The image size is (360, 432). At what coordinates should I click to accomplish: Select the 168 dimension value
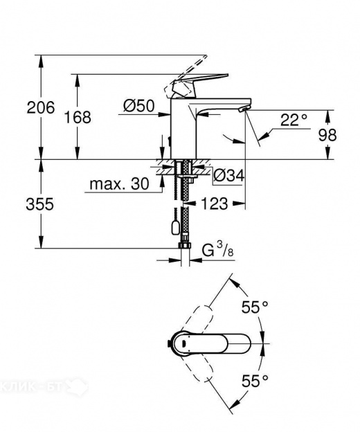pos(78,117)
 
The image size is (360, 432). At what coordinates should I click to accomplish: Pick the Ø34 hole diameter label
pos(229,176)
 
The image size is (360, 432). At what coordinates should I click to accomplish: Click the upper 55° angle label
pos(255,307)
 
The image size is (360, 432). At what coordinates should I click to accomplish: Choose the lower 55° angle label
pos(255,379)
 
